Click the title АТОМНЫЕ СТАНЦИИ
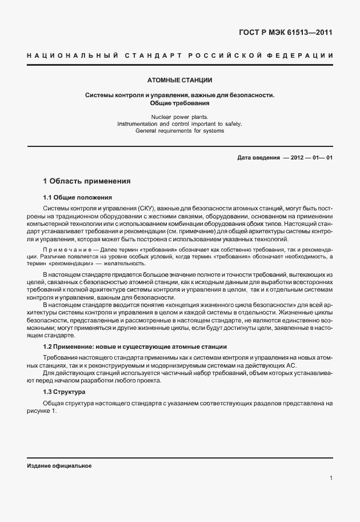tap(179, 80)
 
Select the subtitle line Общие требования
tap(179, 103)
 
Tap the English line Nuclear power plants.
tap(179, 117)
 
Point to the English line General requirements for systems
tap(179, 130)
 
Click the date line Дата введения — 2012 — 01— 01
tap(285, 158)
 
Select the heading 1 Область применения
tap(87, 181)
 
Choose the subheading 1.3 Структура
tap(64, 392)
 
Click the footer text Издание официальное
tap(59, 465)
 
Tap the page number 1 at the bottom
tap(331, 478)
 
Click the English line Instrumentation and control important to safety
tap(179, 123)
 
